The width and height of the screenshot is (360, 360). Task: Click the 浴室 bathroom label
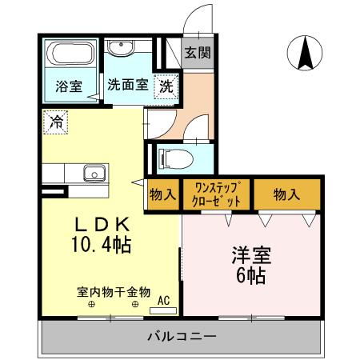(x=68, y=86)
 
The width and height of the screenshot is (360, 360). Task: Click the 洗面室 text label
(x=127, y=86)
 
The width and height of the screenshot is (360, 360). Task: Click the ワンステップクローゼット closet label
(x=212, y=195)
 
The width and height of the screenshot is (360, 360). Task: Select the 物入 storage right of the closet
(x=286, y=194)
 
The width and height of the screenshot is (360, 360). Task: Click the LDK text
(x=99, y=225)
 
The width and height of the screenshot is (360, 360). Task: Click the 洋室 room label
(x=250, y=258)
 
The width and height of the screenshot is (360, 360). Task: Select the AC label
(x=164, y=301)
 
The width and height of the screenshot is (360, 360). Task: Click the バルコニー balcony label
(x=181, y=337)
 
